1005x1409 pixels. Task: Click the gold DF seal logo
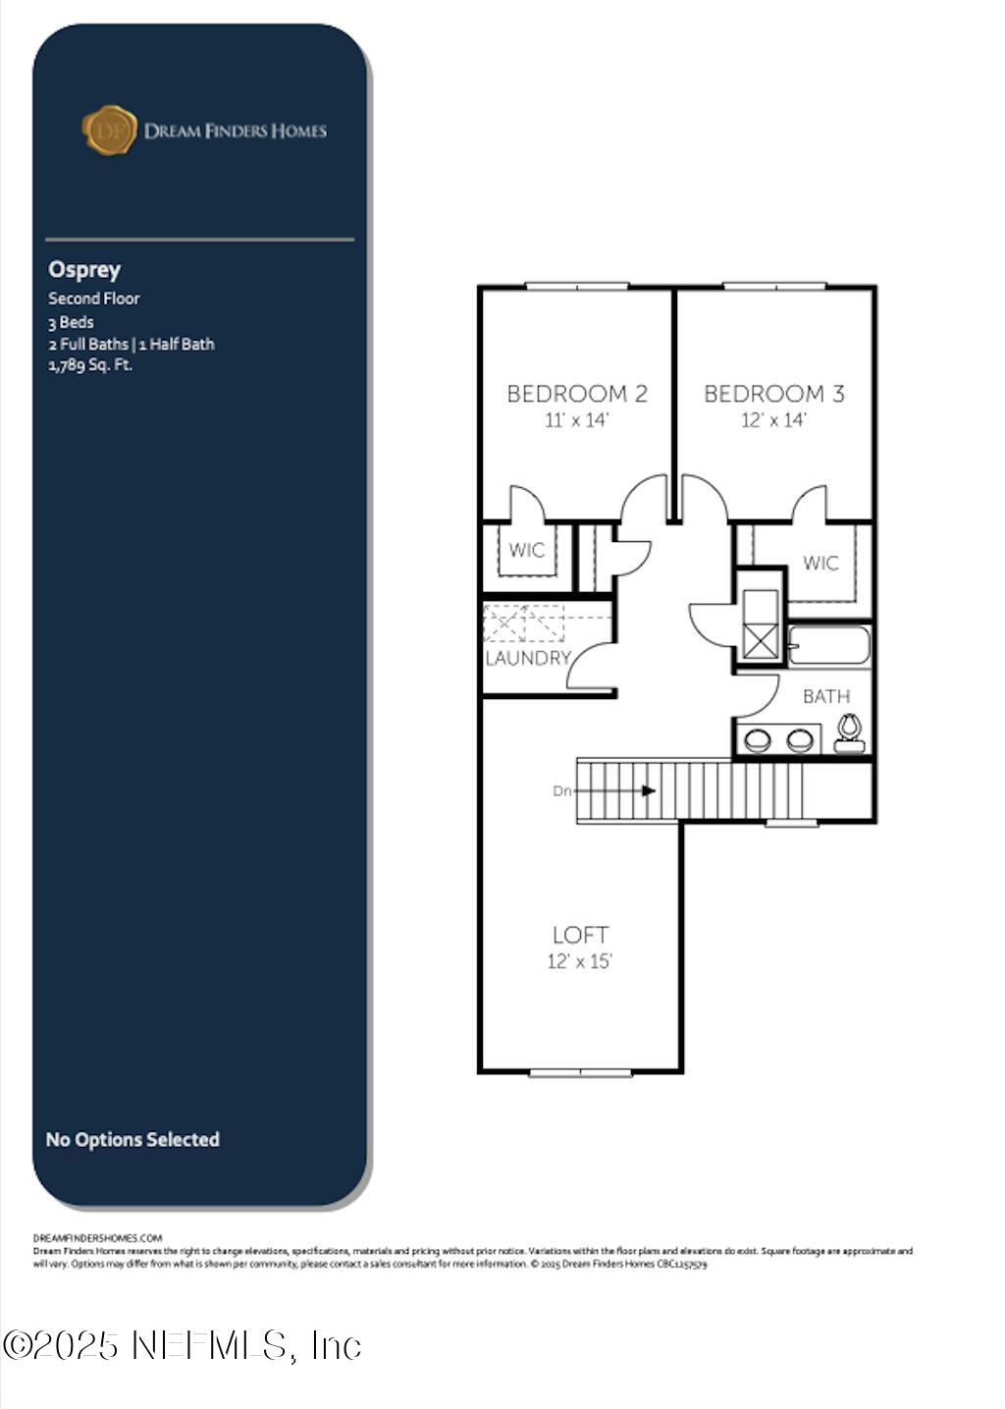coord(110,131)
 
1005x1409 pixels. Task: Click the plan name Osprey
coord(84,269)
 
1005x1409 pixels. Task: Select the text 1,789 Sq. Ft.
coord(90,365)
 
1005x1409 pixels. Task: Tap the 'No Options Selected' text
coord(132,1139)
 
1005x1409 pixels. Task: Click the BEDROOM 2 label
coord(577,394)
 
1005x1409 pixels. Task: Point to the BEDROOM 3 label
coord(773,394)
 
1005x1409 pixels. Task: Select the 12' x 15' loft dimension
coord(579,961)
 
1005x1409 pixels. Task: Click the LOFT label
coord(580,935)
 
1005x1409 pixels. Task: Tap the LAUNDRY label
coord(528,658)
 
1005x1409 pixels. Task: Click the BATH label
coord(825,696)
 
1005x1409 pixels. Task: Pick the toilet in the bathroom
coord(849,732)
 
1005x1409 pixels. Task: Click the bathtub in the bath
coord(829,646)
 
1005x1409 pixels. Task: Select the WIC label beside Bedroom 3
coord(820,563)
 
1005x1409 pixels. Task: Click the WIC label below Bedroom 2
coord(526,550)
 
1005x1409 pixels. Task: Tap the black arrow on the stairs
coord(648,790)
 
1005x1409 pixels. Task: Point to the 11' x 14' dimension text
coord(577,420)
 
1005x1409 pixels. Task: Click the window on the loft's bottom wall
coord(580,1072)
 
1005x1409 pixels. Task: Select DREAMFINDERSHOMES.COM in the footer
coord(97,1238)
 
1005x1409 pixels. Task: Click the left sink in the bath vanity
coord(758,740)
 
